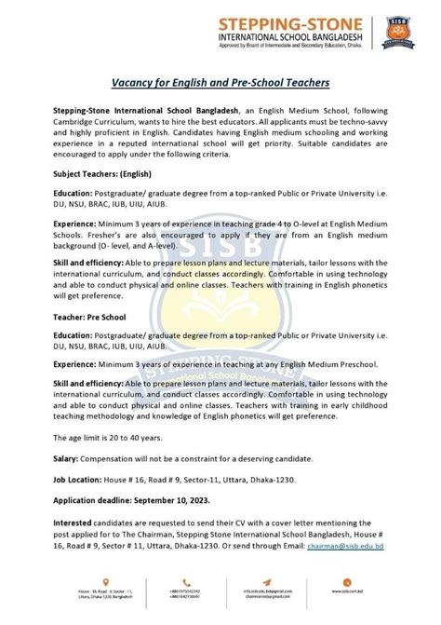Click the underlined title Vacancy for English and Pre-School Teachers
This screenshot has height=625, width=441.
click(220, 82)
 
